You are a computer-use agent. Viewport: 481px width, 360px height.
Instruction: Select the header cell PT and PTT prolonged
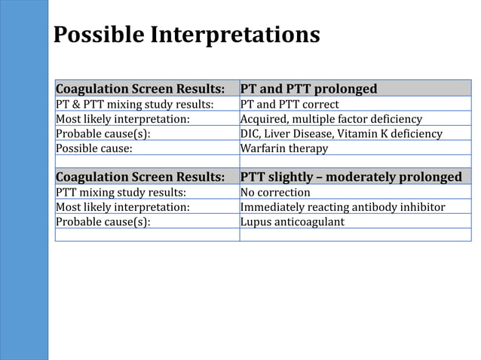(x=308, y=89)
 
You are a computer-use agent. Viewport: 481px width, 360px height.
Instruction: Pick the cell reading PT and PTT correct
(x=290, y=104)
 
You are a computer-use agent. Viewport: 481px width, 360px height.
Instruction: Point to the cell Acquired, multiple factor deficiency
(x=331, y=119)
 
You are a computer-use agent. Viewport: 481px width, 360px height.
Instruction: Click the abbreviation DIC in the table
(x=250, y=133)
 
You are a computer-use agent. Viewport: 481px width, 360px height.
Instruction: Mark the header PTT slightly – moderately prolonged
(x=351, y=177)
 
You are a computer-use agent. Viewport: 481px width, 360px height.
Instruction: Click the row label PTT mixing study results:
(x=121, y=192)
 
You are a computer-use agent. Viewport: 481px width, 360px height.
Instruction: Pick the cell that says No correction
(x=275, y=192)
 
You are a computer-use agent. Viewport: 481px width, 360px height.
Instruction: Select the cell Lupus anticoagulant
(x=292, y=221)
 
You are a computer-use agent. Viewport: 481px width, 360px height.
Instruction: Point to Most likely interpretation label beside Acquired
(x=122, y=119)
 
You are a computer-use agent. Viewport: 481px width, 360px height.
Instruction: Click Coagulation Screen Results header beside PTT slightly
(x=140, y=177)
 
